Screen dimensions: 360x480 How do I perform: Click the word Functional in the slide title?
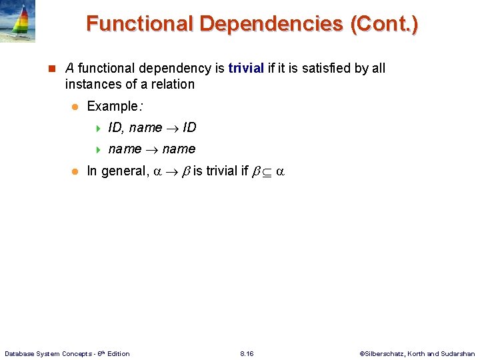click(139, 24)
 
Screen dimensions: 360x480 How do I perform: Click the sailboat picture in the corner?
click(17, 21)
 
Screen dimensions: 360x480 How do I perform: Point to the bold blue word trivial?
click(246, 68)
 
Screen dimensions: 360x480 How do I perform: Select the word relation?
click(172, 84)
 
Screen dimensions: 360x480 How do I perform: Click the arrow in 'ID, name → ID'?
click(172, 128)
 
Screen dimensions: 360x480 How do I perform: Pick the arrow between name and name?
click(151, 149)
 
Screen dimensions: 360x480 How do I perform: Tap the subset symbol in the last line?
click(267, 171)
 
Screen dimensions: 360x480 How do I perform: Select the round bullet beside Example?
click(75, 107)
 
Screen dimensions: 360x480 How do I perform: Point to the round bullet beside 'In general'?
click(75, 171)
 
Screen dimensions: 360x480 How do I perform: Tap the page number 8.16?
click(247, 353)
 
